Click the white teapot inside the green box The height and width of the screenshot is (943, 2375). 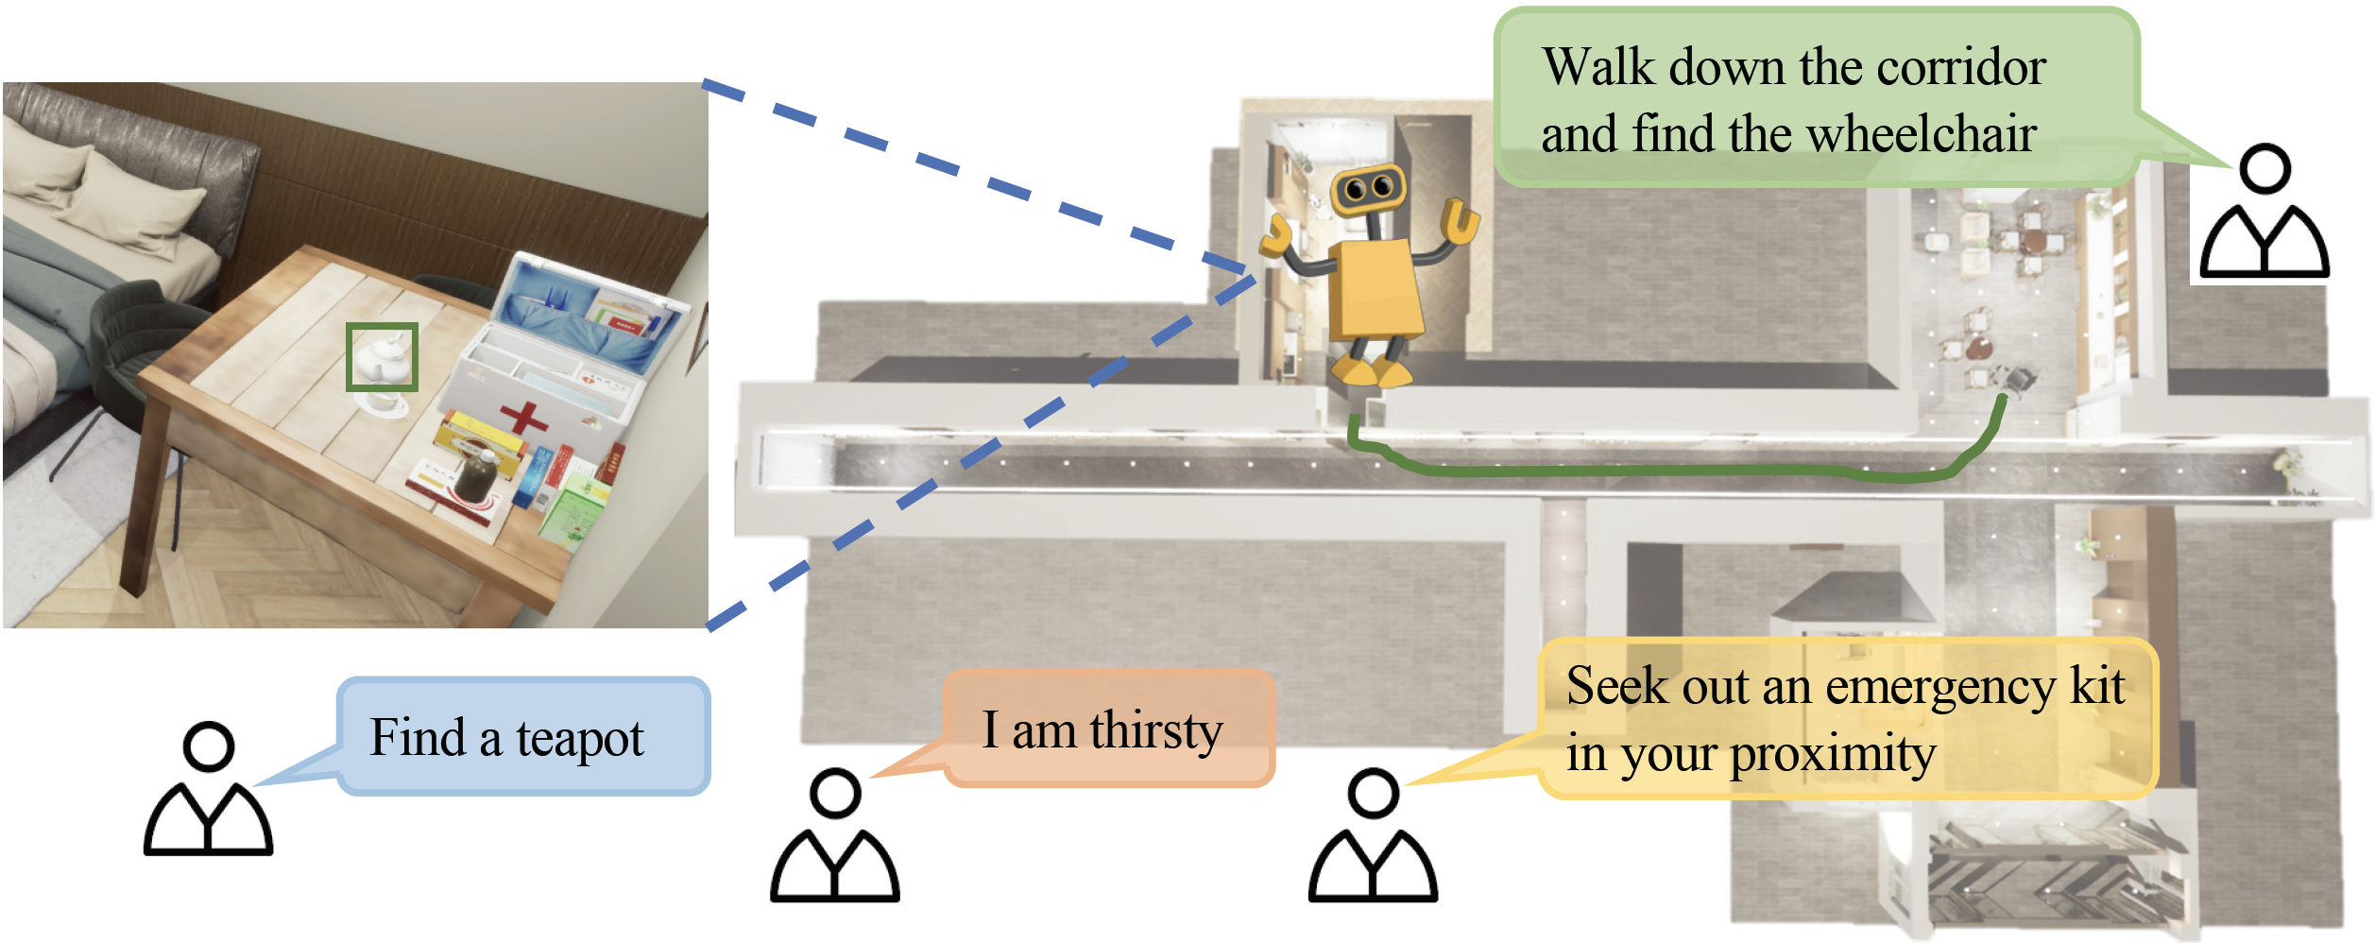tap(382, 358)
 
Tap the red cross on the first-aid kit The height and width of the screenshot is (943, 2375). tap(523, 418)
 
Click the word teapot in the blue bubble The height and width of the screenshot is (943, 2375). tap(579, 738)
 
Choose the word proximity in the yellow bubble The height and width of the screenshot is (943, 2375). tap(1832, 754)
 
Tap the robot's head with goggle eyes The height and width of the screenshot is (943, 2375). tap(1368, 188)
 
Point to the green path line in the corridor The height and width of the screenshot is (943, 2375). tap(1653, 470)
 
